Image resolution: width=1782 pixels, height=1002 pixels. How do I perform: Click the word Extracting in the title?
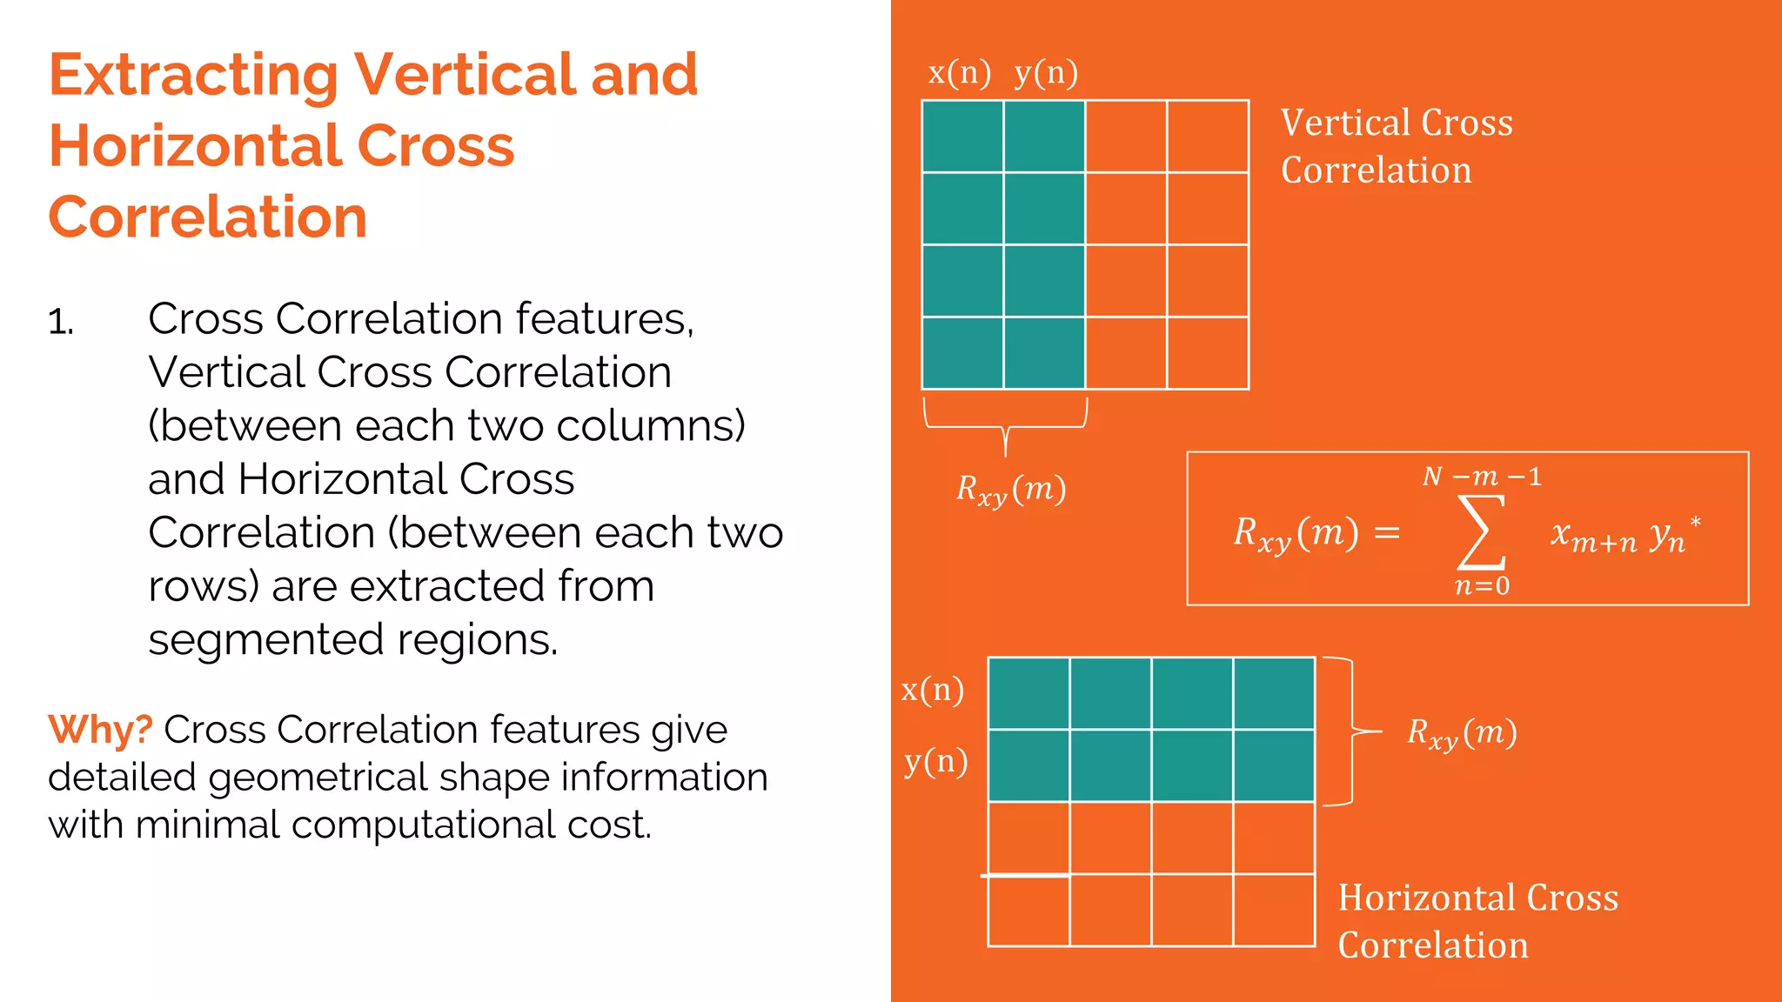click(x=193, y=77)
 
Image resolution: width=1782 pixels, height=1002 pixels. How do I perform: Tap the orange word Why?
click(x=100, y=730)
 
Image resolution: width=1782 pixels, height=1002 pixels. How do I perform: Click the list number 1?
click(x=61, y=323)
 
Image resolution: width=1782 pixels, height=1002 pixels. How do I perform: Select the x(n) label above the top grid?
click(x=959, y=73)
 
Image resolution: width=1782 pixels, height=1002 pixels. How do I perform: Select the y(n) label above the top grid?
click(x=1046, y=73)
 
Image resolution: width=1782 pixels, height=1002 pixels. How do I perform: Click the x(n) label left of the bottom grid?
click(x=933, y=691)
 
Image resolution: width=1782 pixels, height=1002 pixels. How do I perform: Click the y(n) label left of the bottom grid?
click(x=935, y=762)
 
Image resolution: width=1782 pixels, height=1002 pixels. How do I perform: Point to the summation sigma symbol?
click(x=1481, y=531)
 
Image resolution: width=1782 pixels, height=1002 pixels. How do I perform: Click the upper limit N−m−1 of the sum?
click(x=1482, y=477)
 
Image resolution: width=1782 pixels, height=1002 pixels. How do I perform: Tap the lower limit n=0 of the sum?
click(x=1482, y=586)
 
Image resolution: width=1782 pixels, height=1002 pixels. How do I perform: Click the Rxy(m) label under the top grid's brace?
click(x=1011, y=490)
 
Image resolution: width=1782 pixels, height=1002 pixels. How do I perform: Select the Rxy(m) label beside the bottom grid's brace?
click(x=1462, y=733)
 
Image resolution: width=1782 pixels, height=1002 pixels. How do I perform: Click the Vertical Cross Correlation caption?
click(x=1396, y=146)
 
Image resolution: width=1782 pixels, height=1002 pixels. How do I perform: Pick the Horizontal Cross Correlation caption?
click(x=1477, y=921)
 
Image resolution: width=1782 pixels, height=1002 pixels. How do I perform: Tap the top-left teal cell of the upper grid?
click(x=962, y=137)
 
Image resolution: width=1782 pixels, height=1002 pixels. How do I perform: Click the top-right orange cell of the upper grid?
click(x=1208, y=137)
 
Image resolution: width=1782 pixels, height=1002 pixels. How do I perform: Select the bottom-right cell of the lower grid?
click(x=1273, y=910)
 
